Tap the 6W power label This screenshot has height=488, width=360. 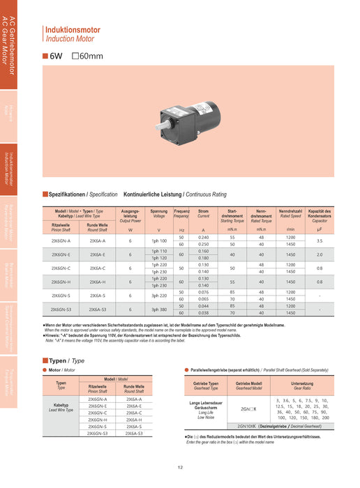pos(55,56)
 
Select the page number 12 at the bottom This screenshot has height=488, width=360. pos(180,468)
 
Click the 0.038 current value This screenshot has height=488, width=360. pos(203,312)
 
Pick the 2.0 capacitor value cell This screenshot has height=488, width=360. pos(319,254)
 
